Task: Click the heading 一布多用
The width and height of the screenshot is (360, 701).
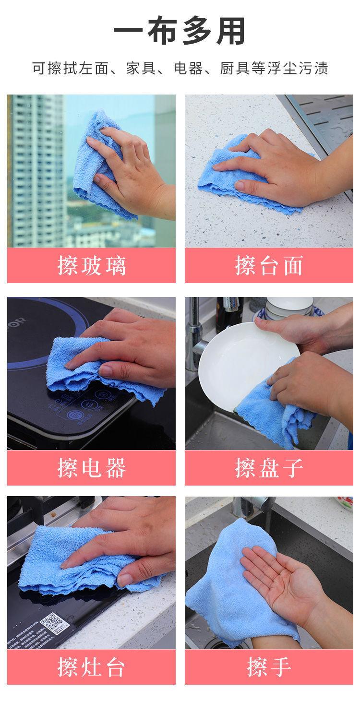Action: click(x=179, y=31)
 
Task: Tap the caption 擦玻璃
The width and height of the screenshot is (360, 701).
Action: click(x=91, y=266)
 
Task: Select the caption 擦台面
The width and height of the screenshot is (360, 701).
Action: click(x=269, y=265)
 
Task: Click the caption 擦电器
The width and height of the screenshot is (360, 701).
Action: click(x=91, y=468)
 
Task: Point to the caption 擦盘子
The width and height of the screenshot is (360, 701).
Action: click(x=269, y=468)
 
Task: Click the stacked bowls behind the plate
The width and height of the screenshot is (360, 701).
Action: click(x=289, y=308)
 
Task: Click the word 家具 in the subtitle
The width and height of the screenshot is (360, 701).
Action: click(x=141, y=68)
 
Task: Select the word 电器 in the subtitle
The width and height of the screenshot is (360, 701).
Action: click(x=188, y=68)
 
